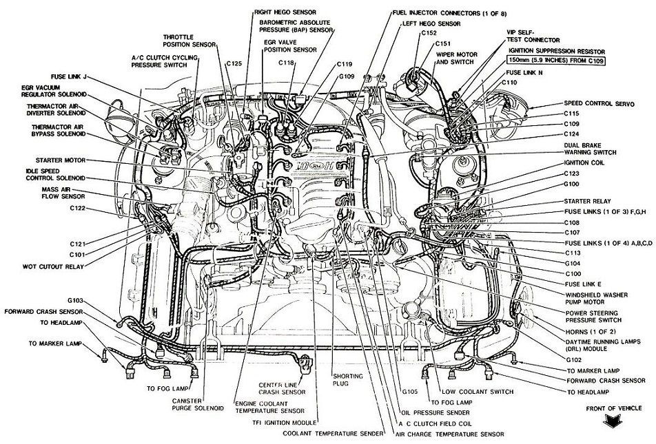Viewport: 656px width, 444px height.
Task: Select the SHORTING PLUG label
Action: [x=348, y=380]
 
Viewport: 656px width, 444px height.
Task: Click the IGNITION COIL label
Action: [x=585, y=162]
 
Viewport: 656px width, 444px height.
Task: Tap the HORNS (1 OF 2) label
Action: [x=584, y=332]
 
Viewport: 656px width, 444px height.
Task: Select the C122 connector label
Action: [x=77, y=209]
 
